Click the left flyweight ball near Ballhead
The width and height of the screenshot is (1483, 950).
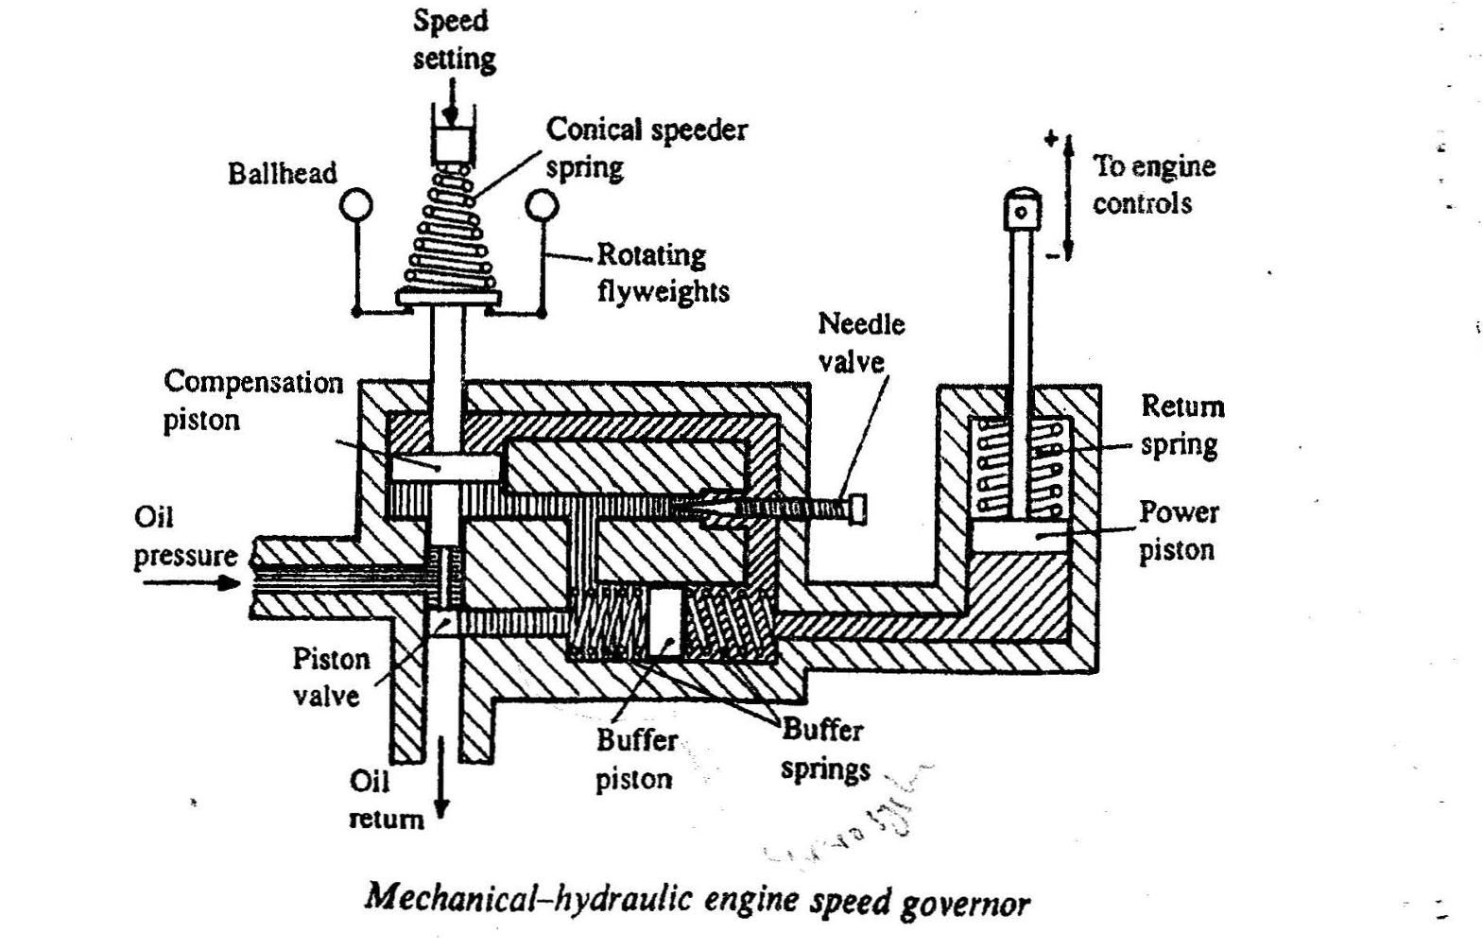357,205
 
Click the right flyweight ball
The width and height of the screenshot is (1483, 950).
543,205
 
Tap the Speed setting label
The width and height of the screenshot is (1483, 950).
452,40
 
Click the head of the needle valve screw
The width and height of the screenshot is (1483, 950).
857,509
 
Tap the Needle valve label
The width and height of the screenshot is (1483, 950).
859,342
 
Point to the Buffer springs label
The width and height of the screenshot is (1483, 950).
823,749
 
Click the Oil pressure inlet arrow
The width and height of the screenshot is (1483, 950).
194,582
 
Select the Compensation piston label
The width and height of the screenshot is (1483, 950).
252,400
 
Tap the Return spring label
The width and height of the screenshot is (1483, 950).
1181,424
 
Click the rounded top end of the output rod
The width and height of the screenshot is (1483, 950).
1021,210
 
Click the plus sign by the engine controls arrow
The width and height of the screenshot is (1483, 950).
1051,139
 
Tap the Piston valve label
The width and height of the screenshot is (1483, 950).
329,677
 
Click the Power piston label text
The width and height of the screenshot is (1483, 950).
1178,530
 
